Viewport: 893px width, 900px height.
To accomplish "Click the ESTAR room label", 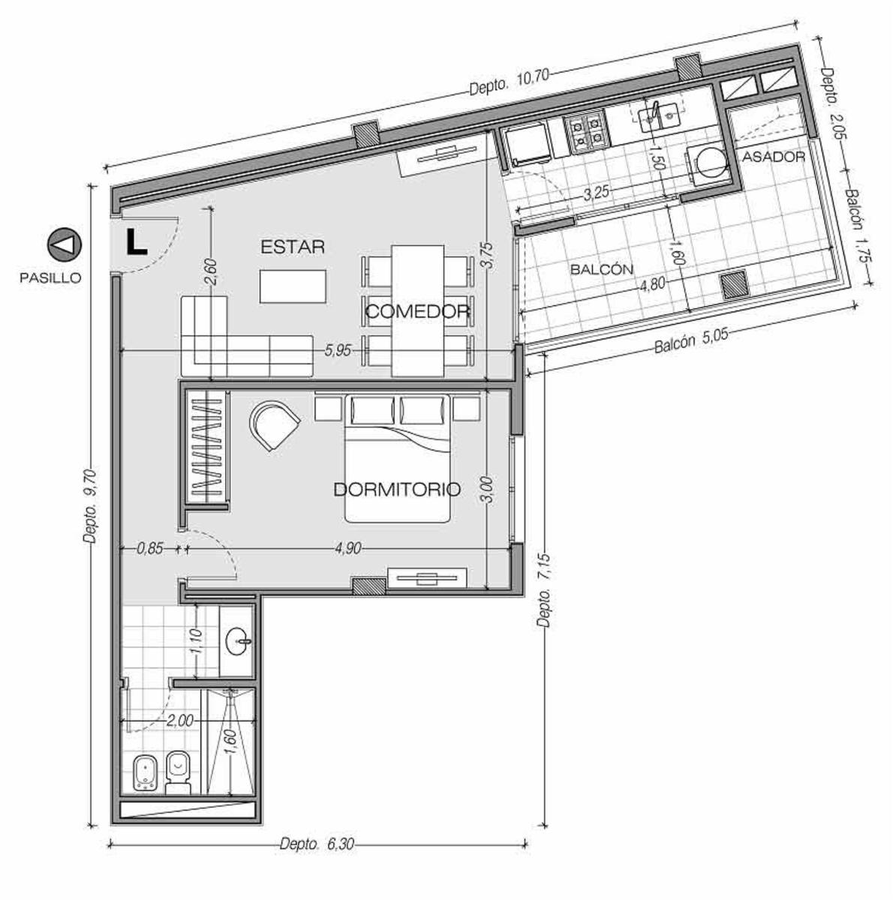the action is (293, 247).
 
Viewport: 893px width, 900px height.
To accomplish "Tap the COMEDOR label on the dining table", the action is (417, 311).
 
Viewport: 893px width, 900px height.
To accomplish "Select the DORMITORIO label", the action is (397, 490).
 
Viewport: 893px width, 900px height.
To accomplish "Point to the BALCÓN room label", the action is (602, 269).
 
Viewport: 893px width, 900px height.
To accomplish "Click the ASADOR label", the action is (774, 157).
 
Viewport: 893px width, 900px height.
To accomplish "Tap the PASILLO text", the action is (50, 278).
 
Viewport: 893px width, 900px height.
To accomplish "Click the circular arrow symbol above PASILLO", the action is (65, 244).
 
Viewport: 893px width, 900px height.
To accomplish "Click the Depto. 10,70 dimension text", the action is (509, 81).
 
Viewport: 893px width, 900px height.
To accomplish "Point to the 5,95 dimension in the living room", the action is (338, 350).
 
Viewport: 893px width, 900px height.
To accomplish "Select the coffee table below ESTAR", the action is (293, 286).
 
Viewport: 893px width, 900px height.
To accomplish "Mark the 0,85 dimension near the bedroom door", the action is (150, 548).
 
